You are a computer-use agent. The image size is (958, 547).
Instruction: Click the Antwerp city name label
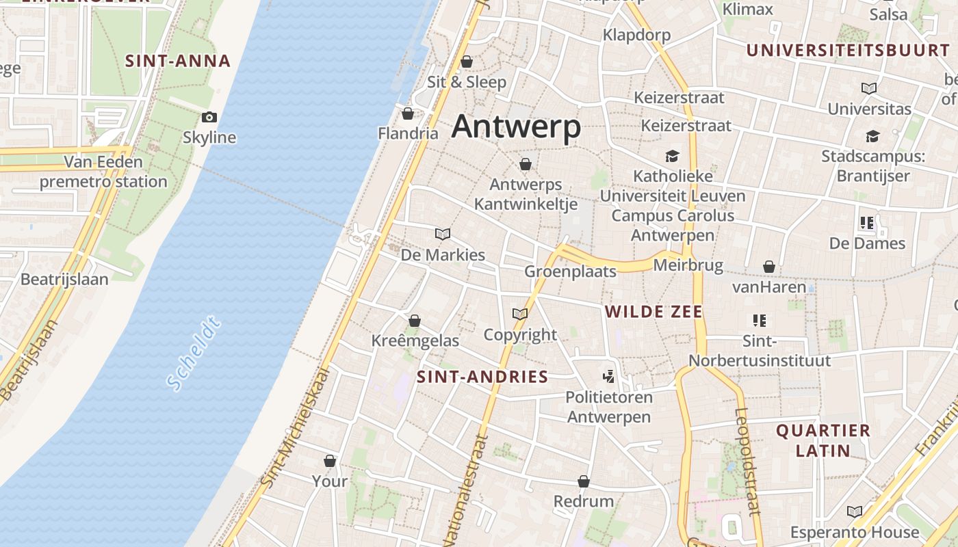click(x=516, y=126)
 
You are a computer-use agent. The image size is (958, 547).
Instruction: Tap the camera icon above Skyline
click(x=209, y=117)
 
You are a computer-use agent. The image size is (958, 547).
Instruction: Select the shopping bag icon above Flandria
click(x=408, y=113)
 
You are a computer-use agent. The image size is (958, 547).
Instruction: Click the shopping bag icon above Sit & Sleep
click(x=467, y=62)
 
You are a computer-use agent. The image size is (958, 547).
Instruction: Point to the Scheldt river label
click(x=194, y=353)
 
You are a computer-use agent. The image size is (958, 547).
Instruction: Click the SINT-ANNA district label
click(x=177, y=61)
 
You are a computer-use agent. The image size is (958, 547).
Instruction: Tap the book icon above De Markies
click(x=443, y=234)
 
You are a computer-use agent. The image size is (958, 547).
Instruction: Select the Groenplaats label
click(x=570, y=271)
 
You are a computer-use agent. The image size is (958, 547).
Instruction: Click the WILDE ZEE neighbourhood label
click(x=653, y=312)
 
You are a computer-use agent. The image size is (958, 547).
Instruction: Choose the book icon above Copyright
click(x=520, y=314)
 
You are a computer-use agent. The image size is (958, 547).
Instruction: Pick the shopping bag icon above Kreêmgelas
click(x=415, y=320)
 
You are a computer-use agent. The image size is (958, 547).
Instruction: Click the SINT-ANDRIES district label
click(x=482, y=376)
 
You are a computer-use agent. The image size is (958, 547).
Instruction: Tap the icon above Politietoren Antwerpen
click(x=608, y=376)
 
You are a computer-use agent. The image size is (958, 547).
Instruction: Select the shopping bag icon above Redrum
click(x=584, y=481)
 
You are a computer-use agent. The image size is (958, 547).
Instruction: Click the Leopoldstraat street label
click(x=748, y=461)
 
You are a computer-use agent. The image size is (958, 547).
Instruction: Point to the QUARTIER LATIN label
click(x=823, y=440)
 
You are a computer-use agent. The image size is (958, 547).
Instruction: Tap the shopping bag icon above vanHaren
click(x=769, y=266)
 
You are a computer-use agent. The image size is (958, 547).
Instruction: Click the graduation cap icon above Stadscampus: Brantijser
click(x=872, y=135)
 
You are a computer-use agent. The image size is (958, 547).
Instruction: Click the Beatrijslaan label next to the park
click(x=64, y=279)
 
